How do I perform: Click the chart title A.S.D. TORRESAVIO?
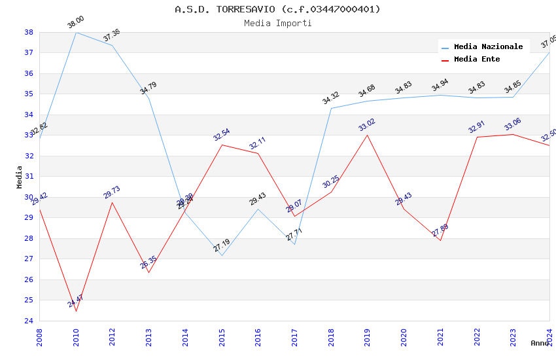277,9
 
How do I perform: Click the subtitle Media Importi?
277,24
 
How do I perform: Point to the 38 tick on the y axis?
29,32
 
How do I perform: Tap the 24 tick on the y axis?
29,321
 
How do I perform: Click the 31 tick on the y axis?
29,177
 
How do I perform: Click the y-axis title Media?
20,177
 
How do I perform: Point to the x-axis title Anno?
540,343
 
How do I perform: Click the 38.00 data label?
76,23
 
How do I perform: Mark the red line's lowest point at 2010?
76,311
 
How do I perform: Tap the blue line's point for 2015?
222,255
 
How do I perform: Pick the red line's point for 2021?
440,240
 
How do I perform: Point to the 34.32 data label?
331,98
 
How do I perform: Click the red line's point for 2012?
113,202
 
